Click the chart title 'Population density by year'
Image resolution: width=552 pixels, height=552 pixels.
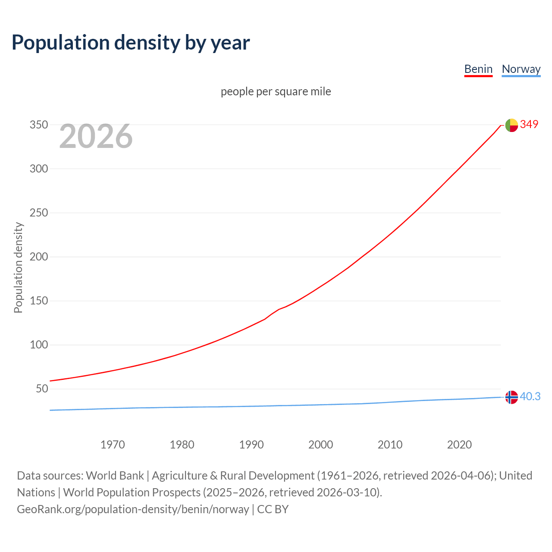pos(131,43)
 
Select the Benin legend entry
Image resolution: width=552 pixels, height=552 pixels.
pos(478,69)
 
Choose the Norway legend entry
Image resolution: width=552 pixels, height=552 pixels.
pos(521,69)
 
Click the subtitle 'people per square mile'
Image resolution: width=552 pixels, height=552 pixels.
pos(276,92)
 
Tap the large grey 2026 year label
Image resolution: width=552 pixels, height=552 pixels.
pos(96,136)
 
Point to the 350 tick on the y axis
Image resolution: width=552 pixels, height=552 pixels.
pos(38,125)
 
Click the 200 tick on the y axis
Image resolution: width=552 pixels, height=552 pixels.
pos(38,257)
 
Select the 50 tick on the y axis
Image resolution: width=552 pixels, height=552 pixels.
pos(41,389)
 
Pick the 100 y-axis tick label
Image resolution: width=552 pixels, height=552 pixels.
pos(38,345)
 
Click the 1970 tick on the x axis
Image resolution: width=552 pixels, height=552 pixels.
pos(113,445)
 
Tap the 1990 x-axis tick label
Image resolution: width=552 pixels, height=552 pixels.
pos(251,445)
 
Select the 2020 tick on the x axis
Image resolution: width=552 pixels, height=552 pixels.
pos(459,445)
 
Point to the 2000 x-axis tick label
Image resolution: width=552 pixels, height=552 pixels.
pos(320,445)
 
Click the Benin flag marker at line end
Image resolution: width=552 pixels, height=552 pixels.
pos(511,125)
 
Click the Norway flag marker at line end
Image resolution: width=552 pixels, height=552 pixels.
pos(511,397)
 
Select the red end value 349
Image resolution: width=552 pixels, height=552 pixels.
pos(529,125)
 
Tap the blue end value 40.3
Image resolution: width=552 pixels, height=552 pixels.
pos(530,396)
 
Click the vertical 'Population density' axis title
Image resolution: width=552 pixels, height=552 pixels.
pos(18,267)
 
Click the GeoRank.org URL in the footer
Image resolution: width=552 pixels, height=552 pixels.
pos(133,509)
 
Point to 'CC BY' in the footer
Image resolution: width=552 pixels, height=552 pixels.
pos(273,509)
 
